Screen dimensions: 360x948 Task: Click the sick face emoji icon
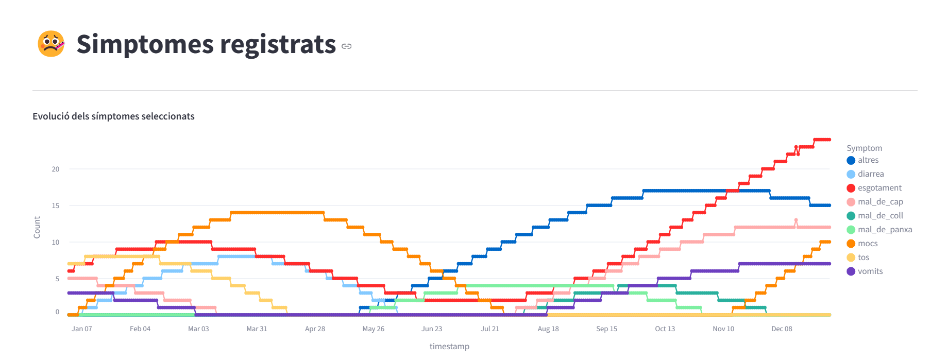[x=51, y=44]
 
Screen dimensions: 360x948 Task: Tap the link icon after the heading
[x=347, y=46]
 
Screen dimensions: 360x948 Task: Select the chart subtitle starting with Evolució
[x=113, y=116]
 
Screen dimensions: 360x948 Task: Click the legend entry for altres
[x=868, y=160]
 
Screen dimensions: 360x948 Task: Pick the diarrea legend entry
[x=871, y=174]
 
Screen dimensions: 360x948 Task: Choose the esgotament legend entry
[x=879, y=188]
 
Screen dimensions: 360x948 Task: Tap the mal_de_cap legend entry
[x=880, y=202]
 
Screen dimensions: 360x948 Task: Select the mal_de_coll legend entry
[x=880, y=216]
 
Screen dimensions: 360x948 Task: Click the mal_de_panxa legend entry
[x=885, y=230]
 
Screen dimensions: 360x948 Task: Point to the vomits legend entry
[x=870, y=271]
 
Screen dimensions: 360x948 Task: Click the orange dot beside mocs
[x=851, y=244]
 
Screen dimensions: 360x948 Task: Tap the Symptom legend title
[x=864, y=148]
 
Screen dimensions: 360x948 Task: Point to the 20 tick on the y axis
[x=55, y=169]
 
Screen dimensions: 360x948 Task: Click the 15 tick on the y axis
[x=55, y=205]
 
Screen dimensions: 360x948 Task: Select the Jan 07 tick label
[x=82, y=329]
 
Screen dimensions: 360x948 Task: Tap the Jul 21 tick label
[x=490, y=329]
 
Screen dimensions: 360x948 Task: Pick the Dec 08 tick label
[x=782, y=329]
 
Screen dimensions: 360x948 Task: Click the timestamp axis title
[x=449, y=346]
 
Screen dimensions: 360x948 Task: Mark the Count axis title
[x=37, y=227]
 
